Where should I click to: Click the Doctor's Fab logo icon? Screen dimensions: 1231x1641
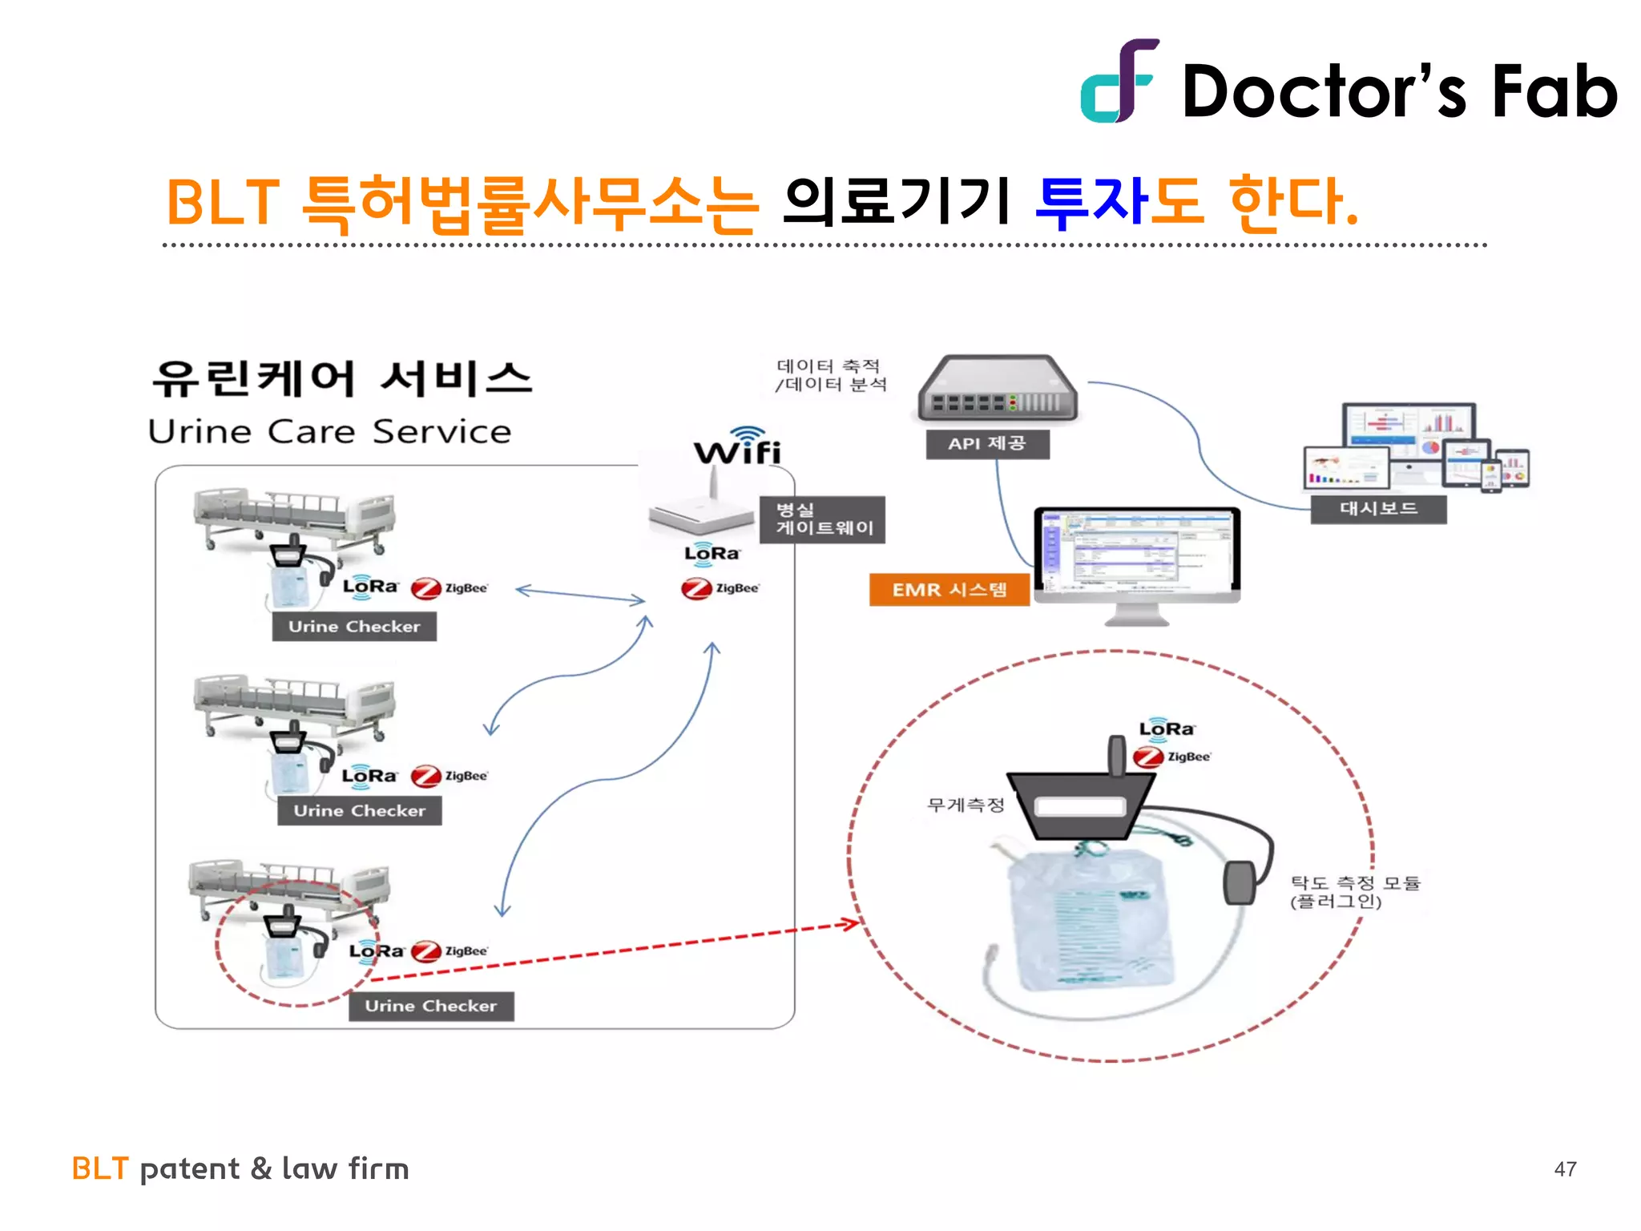(1118, 82)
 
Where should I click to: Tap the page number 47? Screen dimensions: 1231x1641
(1565, 1169)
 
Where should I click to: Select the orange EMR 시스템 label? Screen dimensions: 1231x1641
(950, 590)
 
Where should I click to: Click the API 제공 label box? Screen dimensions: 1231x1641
(987, 444)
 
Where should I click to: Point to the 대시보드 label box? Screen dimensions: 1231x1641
(1378, 509)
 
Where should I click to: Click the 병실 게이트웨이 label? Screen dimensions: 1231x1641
(823, 519)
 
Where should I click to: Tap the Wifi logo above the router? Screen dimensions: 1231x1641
(738, 447)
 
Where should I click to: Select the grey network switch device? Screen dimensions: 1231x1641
(998, 390)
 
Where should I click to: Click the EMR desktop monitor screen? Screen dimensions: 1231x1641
(1136, 552)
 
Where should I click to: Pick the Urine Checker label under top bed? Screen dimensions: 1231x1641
(354, 627)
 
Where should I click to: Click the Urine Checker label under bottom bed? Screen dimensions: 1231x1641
(431, 1006)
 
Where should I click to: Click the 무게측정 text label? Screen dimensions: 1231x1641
(966, 805)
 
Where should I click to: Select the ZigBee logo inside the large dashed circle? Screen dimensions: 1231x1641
(1171, 757)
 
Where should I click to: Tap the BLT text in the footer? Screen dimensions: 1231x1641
(100, 1169)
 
